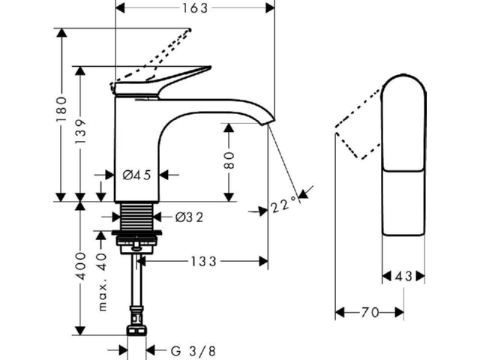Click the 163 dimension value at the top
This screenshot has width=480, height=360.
195,8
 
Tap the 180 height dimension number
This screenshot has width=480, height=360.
61,109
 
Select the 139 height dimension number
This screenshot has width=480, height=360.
80,132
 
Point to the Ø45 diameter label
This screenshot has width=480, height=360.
136,175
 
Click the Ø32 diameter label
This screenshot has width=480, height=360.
189,217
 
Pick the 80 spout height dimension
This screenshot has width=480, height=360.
229,160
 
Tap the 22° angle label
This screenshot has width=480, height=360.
284,204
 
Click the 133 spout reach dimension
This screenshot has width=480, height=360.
204,262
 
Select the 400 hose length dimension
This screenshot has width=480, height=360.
81,265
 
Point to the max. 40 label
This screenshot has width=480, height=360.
103,282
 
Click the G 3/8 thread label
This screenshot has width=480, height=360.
193,351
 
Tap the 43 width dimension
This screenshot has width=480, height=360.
403,277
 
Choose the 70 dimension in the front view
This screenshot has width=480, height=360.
370,313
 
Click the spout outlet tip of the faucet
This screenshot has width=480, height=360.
268,122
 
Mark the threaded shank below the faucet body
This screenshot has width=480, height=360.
136,216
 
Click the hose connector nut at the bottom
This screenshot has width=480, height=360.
136,331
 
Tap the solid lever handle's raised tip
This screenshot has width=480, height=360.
210,67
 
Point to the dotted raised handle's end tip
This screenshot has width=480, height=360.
190,30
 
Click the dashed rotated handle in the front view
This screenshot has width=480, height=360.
358,124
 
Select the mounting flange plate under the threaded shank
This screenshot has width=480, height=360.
136,233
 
